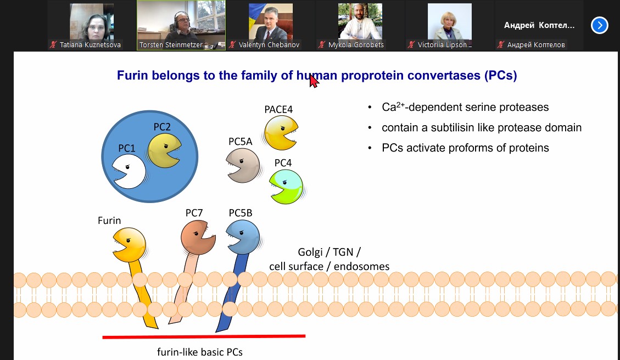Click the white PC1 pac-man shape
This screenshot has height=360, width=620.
130,172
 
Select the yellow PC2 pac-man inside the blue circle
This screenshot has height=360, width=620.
163,150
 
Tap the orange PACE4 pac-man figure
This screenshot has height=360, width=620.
280,132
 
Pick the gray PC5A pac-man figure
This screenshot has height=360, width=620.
243,166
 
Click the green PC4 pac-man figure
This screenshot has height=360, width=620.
286,187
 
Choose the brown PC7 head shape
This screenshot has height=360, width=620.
197,238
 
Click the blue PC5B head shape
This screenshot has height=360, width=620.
243,237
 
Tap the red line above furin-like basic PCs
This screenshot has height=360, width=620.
204,337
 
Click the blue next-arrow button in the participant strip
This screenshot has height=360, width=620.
600,25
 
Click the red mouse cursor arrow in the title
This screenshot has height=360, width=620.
314,81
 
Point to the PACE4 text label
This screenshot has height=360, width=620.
279,109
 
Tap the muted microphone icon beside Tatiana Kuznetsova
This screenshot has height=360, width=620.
53,44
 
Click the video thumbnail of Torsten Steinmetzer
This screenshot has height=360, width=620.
181,25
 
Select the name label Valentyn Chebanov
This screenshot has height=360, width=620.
269,44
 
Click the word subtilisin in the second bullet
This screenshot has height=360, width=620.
453,127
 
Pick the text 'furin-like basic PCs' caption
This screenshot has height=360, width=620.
200,352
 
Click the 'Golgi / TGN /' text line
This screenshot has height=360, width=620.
329,252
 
